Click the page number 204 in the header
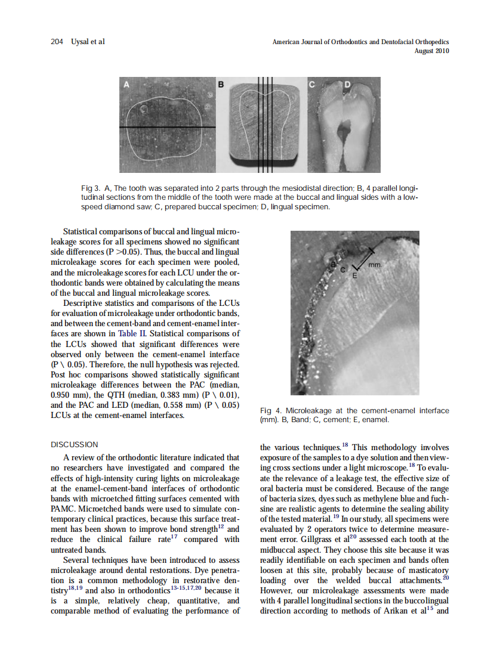click(57, 42)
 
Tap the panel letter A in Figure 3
click(126, 85)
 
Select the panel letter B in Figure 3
click(220, 85)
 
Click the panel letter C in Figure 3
click(311, 85)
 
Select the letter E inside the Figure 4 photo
click(355, 276)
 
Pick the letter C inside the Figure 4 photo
click(342, 270)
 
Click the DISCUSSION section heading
click(75, 444)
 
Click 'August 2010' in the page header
click(431, 51)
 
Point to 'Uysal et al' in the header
click(88, 42)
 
